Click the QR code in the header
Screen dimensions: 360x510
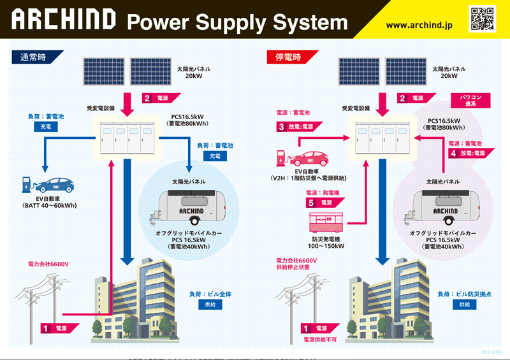[x=482, y=18]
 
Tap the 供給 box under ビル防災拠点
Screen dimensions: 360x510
[x=464, y=305]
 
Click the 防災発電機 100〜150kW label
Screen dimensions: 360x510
[x=326, y=242]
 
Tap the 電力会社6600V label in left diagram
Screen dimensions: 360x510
[x=48, y=264]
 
